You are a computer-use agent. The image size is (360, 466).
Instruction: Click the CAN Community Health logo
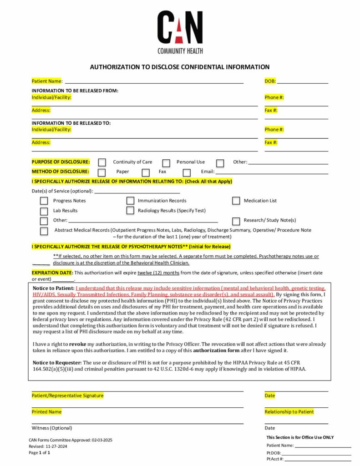[180, 32]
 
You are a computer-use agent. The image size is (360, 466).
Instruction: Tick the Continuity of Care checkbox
[102, 162]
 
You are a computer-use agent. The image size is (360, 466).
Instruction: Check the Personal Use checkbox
[167, 162]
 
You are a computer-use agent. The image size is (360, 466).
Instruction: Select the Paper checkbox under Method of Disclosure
[102, 172]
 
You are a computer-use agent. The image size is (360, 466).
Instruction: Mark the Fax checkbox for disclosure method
[146, 172]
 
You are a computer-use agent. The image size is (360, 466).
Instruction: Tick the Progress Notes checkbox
[44, 201]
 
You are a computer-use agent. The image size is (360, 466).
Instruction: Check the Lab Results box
[44, 211]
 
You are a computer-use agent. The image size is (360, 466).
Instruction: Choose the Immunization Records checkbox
[130, 201]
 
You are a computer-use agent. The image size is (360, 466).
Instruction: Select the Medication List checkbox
[236, 201]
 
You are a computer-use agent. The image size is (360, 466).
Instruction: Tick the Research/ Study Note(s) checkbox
[236, 221]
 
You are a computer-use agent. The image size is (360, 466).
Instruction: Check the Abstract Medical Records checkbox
[44, 231]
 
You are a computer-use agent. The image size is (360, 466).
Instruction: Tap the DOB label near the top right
[270, 81]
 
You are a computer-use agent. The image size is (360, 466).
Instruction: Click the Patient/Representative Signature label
[67, 395]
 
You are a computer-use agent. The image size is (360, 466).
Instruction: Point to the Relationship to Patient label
[289, 412]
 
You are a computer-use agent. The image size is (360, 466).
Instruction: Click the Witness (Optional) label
[52, 428]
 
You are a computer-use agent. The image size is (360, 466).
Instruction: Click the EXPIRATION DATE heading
[52, 273]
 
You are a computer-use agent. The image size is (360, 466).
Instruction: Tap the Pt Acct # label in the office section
[275, 459]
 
